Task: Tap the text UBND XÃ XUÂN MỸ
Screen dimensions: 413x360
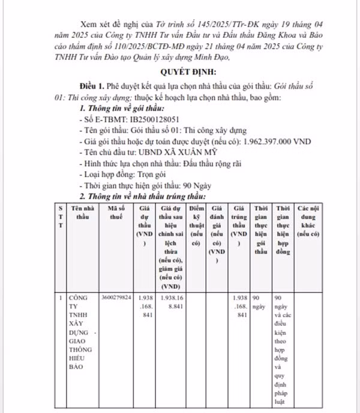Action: point(171,152)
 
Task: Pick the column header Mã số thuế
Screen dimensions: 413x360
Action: point(116,211)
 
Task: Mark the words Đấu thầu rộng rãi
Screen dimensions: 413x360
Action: point(200,163)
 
